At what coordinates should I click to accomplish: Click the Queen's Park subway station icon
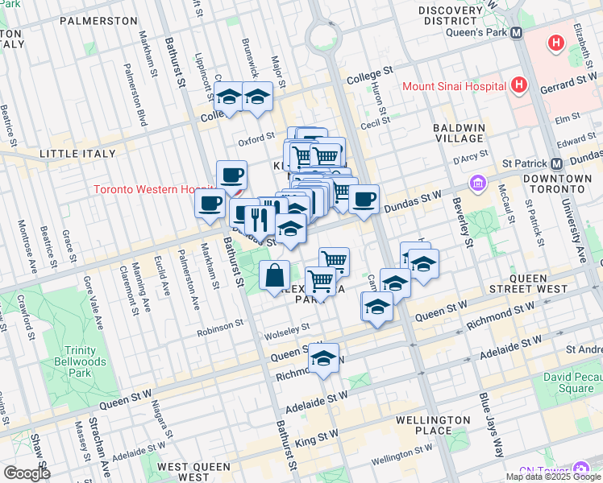tap(517, 33)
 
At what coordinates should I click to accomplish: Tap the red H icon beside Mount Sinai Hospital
tap(518, 85)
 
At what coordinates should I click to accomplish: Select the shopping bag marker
tap(275, 275)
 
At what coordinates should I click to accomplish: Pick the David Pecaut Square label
tap(569, 383)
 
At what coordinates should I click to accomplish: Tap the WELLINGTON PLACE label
tap(434, 425)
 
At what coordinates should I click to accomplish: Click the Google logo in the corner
tap(26, 473)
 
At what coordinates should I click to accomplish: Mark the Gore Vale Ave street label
tap(91, 303)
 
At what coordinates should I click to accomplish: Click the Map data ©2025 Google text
tap(553, 477)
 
